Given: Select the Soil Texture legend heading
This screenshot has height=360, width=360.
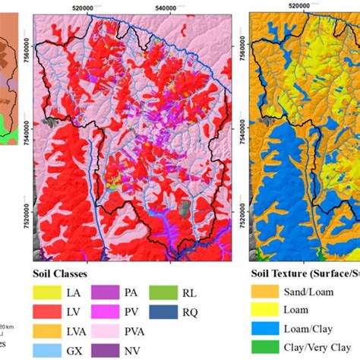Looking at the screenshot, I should (x=304, y=272).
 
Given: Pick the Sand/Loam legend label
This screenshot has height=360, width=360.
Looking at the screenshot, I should (x=312, y=290).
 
